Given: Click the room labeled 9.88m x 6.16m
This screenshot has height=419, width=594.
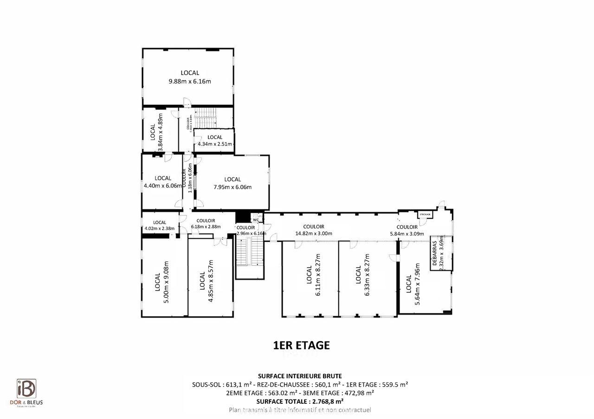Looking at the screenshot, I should click(189, 77).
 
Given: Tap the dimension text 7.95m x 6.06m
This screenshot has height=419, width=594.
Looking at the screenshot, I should click(232, 187).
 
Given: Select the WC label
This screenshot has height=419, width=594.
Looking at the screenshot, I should click(256, 220).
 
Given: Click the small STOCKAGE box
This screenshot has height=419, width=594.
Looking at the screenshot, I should click(425, 215).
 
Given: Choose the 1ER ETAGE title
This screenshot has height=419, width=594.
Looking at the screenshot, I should click(301, 345).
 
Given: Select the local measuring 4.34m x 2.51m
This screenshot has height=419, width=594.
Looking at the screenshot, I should click(214, 140).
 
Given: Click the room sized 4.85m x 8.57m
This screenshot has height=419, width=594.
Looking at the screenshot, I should click(206, 281).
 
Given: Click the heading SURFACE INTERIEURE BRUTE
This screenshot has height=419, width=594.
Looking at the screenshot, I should click(300, 376).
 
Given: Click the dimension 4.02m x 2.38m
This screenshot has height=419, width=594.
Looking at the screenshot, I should click(159, 228).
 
